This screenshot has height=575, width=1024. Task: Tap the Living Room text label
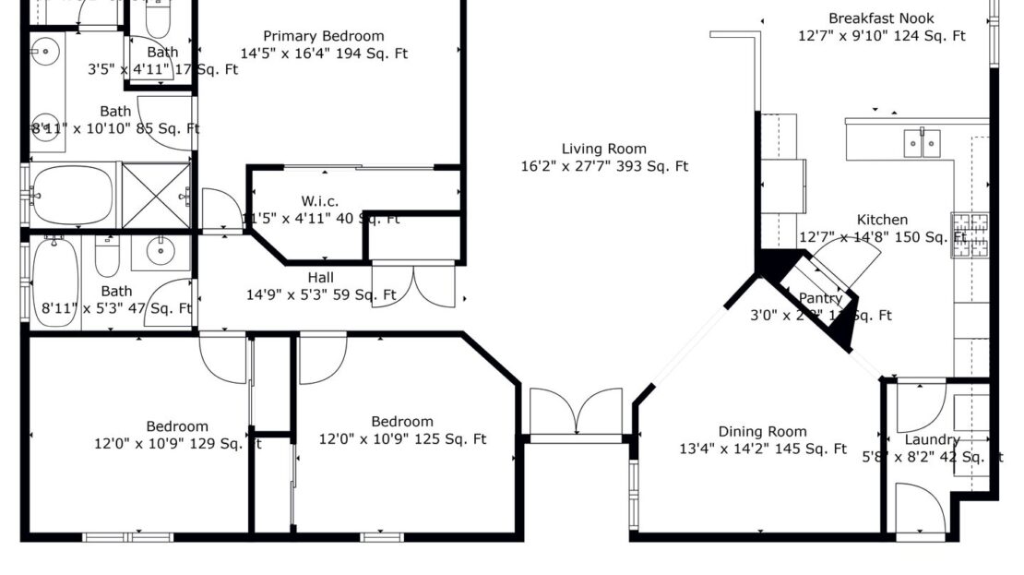(x=604, y=149)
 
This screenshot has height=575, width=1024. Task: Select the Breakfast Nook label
(x=881, y=18)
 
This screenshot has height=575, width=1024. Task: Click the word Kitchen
(x=882, y=220)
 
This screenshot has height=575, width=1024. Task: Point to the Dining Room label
(x=762, y=431)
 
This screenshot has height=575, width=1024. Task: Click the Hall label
(x=321, y=278)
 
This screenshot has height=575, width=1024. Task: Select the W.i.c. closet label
(x=320, y=201)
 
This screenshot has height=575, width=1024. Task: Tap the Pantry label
(x=820, y=298)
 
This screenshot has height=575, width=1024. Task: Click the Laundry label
(x=932, y=439)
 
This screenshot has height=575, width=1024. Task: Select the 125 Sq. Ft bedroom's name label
(x=402, y=422)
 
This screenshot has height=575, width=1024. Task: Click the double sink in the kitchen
(x=922, y=140)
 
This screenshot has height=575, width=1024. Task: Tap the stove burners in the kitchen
(x=970, y=234)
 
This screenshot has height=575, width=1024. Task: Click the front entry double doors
(x=577, y=412)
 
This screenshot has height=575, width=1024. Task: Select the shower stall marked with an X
(x=155, y=195)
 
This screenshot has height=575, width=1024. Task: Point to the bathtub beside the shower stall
(x=72, y=195)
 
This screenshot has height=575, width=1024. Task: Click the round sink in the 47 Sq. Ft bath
(x=161, y=250)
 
